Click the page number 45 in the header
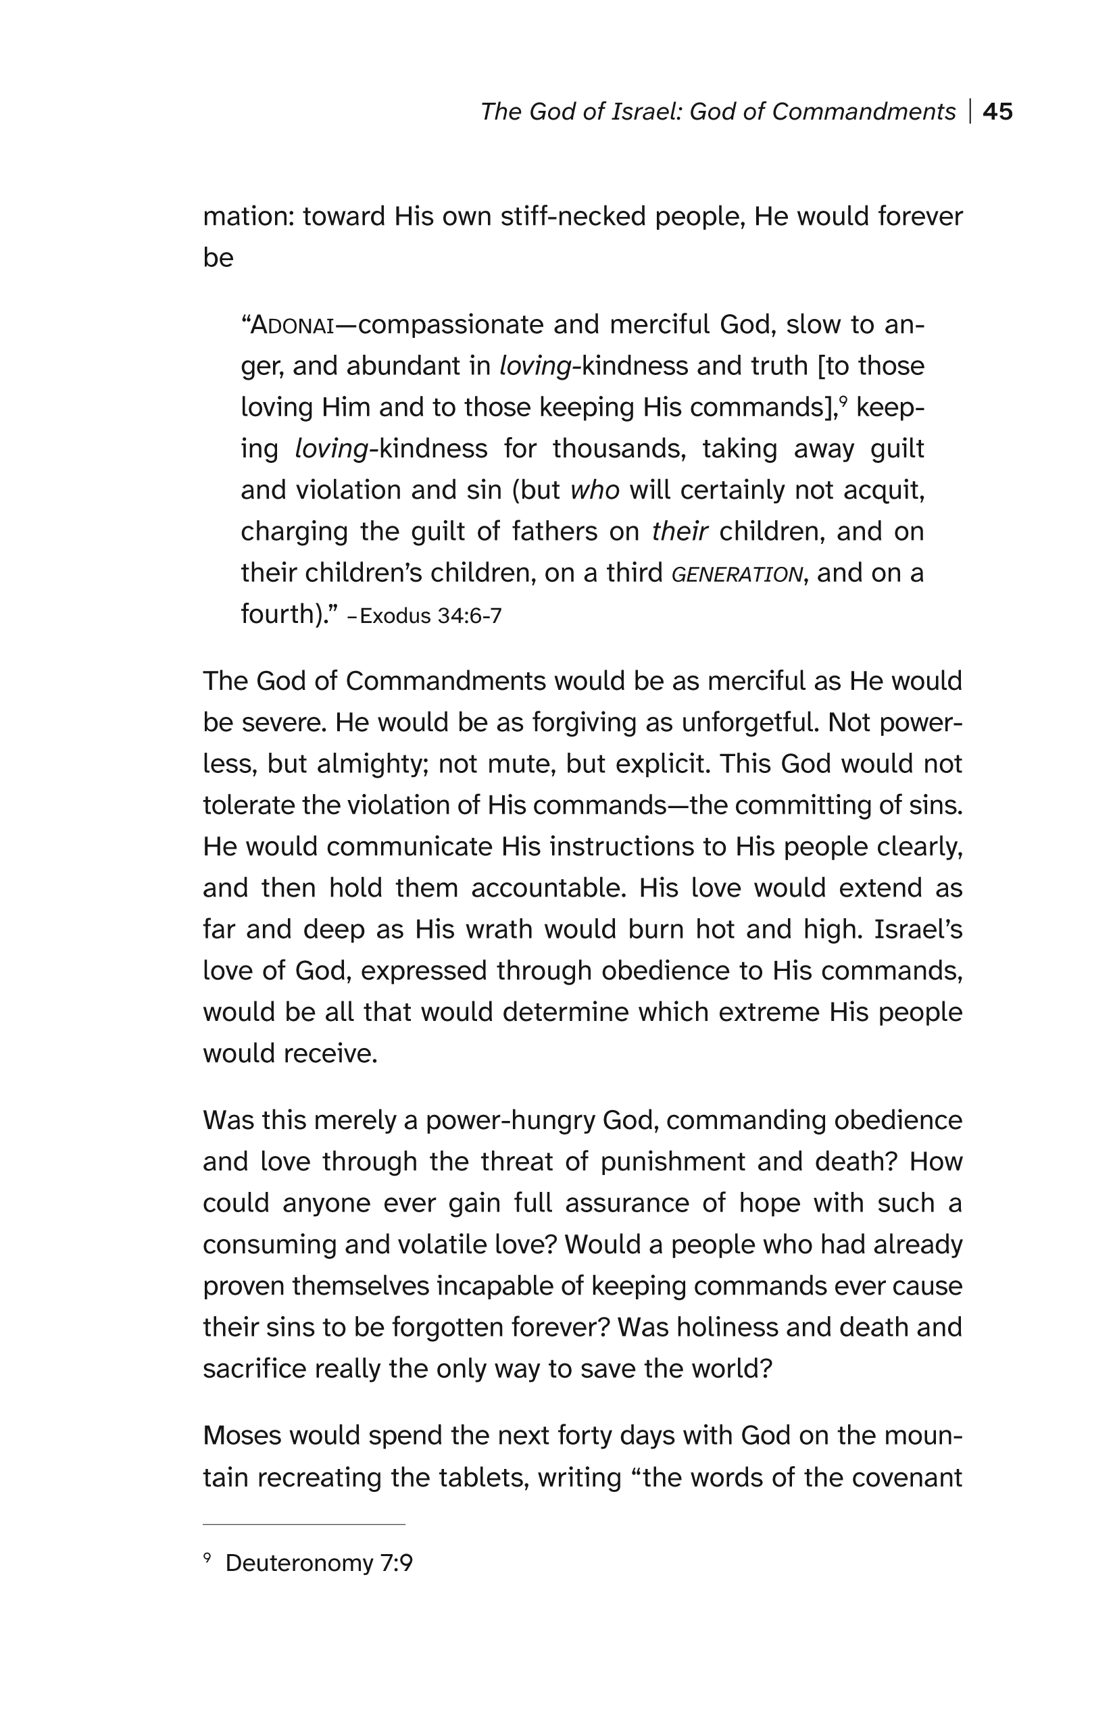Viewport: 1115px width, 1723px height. click(997, 111)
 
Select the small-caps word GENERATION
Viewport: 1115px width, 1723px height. click(737, 575)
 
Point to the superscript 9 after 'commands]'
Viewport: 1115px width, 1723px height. click(843, 399)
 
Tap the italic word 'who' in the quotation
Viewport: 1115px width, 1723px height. click(595, 490)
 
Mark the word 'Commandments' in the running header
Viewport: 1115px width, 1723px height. click(863, 111)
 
